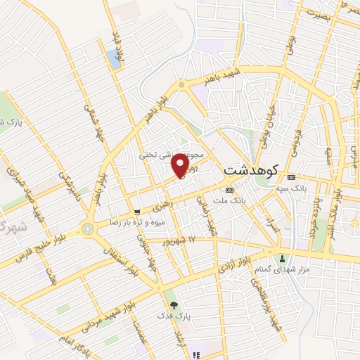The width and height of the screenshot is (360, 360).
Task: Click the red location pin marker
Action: (x=181, y=165)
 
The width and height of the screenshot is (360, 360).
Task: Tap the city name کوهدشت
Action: (x=251, y=170)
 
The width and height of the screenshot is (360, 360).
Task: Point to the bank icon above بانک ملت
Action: (x=229, y=190)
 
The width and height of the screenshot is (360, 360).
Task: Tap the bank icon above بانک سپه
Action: (x=292, y=176)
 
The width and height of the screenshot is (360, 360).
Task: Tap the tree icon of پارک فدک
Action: (x=173, y=304)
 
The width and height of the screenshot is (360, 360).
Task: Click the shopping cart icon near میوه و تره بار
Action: (x=137, y=211)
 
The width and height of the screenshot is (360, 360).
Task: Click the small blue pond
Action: (x=113, y=59)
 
